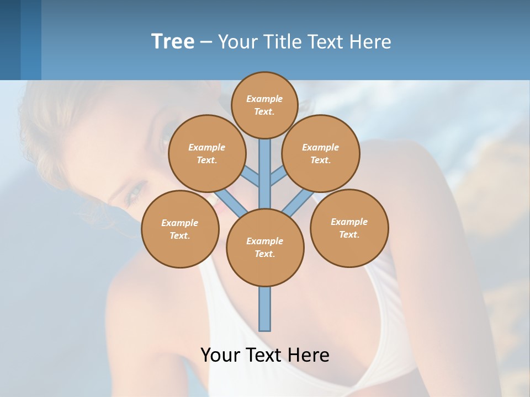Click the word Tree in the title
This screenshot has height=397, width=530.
point(173,41)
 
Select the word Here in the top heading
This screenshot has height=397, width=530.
point(372,42)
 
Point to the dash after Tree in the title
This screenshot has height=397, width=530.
point(206,42)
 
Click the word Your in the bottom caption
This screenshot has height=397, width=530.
point(220,355)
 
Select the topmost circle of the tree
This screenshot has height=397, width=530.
point(264,105)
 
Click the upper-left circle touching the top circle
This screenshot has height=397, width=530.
point(206,153)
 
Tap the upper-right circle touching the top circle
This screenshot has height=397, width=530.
point(321,153)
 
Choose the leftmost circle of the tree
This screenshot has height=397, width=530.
point(180,229)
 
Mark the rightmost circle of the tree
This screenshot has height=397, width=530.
point(349,228)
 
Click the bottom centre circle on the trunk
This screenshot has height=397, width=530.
point(265,247)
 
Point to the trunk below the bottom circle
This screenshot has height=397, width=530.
point(265,309)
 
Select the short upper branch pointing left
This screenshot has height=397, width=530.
point(252,176)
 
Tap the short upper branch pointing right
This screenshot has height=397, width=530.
point(278,176)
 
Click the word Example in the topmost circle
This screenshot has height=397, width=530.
point(264,99)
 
